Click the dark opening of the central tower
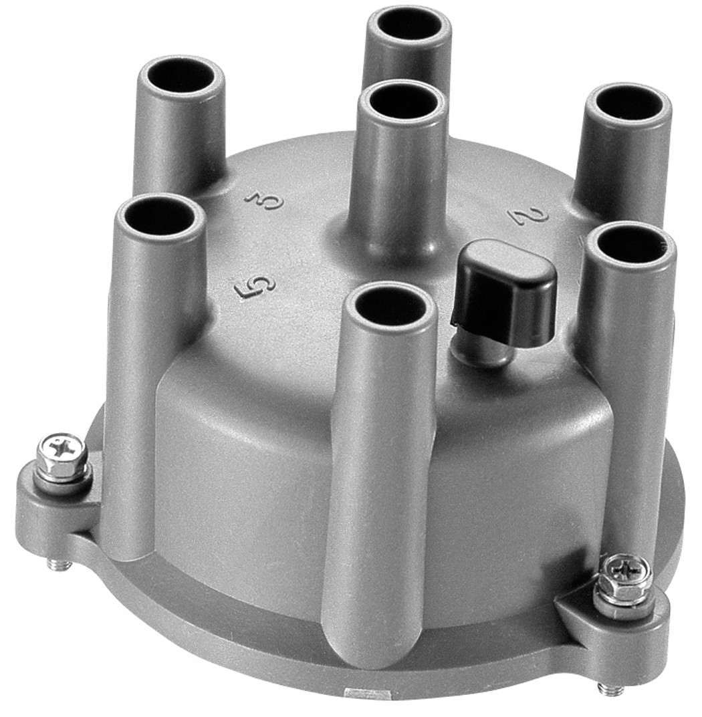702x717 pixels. (402, 104)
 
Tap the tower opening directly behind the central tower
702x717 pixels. (408, 25)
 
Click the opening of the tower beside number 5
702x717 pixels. (159, 216)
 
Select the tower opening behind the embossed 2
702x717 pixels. (628, 104)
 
